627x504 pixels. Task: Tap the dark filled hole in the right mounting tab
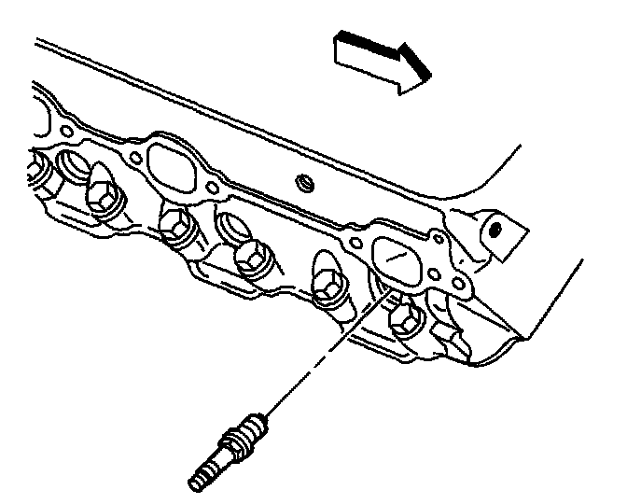pyautogui.click(x=496, y=227)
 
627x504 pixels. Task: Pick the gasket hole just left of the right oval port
pyautogui.click(x=355, y=245)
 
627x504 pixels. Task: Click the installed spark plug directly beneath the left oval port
pyautogui.click(x=176, y=225)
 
